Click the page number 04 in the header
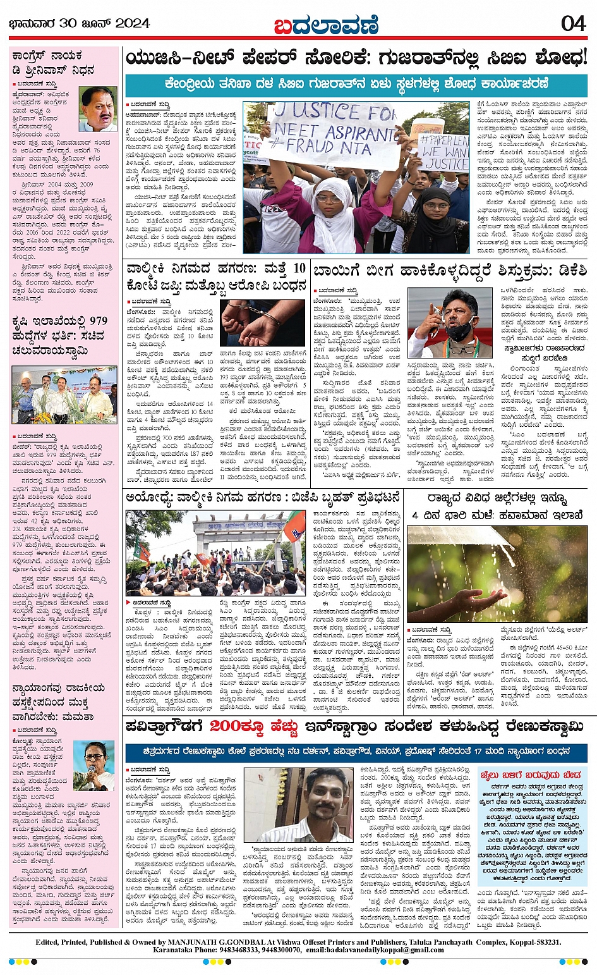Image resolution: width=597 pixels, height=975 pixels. click(x=574, y=23)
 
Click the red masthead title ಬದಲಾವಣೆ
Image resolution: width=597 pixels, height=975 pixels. click(x=326, y=25)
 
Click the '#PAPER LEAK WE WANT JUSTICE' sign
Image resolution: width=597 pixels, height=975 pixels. click(x=445, y=152)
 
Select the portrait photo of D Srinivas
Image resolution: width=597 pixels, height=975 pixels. click(x=99, y=109)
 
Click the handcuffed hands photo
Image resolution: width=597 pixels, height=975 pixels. click(x=262, y=322)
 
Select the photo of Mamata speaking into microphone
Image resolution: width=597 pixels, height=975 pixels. click(x=94, y=765)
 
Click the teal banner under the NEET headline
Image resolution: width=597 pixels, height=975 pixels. click(x=356, y=83)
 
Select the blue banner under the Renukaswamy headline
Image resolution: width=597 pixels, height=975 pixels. click(x=356, y=752)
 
